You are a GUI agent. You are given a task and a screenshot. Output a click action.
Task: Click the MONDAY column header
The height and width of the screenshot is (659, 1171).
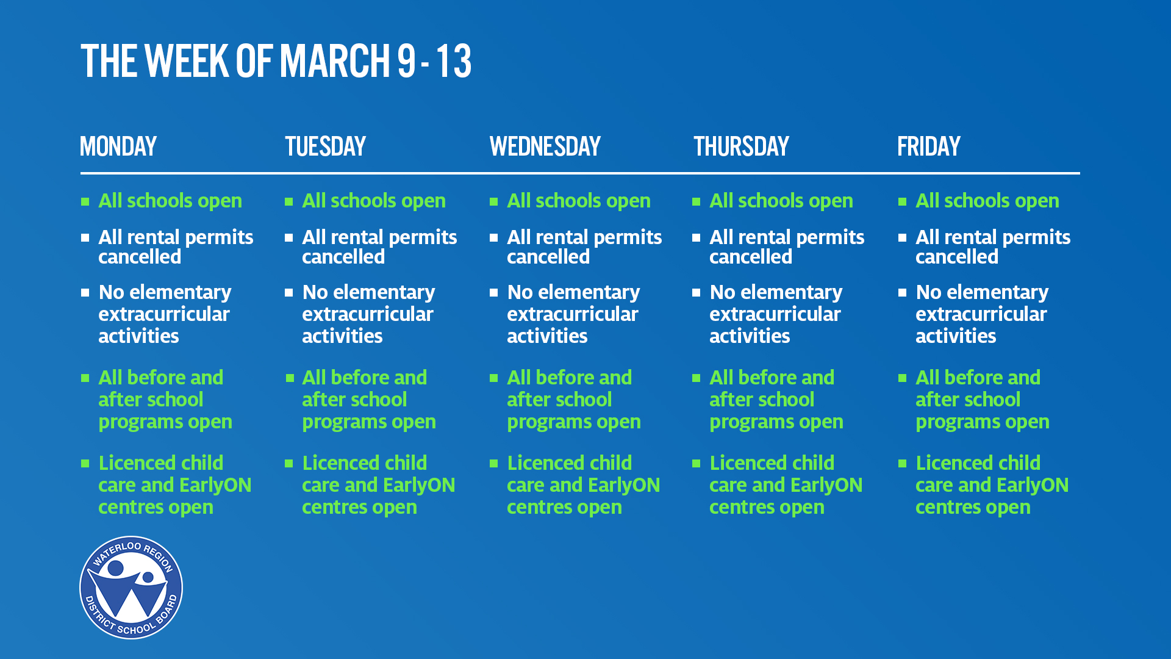[118, 146]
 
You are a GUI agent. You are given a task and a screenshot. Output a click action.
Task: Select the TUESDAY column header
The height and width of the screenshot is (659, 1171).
[325, 146]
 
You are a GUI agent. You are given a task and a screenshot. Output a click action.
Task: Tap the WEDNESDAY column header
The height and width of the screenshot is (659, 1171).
[545, 146]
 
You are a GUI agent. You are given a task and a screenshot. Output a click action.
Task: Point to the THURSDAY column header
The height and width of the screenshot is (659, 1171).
[742, 146]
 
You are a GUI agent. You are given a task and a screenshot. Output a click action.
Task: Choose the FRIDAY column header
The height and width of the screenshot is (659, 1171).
[929, 146]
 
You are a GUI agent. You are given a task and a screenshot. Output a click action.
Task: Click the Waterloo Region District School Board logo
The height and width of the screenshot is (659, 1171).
[131, 588]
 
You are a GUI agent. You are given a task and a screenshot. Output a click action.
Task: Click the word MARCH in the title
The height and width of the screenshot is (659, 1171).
[334, 61]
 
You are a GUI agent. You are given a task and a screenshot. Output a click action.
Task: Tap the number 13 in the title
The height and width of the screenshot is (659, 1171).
[454, 61]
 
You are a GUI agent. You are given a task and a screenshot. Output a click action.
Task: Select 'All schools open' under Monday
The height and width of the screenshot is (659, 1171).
[170, 201]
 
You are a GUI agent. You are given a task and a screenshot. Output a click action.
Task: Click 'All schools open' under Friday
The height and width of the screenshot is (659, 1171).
[987, 201]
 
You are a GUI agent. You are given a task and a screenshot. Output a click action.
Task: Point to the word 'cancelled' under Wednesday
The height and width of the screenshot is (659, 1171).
[548, 257]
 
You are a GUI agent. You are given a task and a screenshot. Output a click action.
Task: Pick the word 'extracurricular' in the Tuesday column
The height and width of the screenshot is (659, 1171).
[368, 314]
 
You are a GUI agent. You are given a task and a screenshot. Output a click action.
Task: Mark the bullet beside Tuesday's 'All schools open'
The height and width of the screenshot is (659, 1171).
[289, 201]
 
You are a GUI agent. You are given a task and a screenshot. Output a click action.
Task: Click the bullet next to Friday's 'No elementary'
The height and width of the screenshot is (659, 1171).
[903, 292]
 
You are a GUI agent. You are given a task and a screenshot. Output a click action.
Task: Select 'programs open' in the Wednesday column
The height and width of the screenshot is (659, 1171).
[574, 422]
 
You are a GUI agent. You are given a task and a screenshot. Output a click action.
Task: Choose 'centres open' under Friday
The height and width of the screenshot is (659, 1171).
[973, 508]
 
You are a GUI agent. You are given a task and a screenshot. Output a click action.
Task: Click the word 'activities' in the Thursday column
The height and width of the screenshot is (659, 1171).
[750, 336]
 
